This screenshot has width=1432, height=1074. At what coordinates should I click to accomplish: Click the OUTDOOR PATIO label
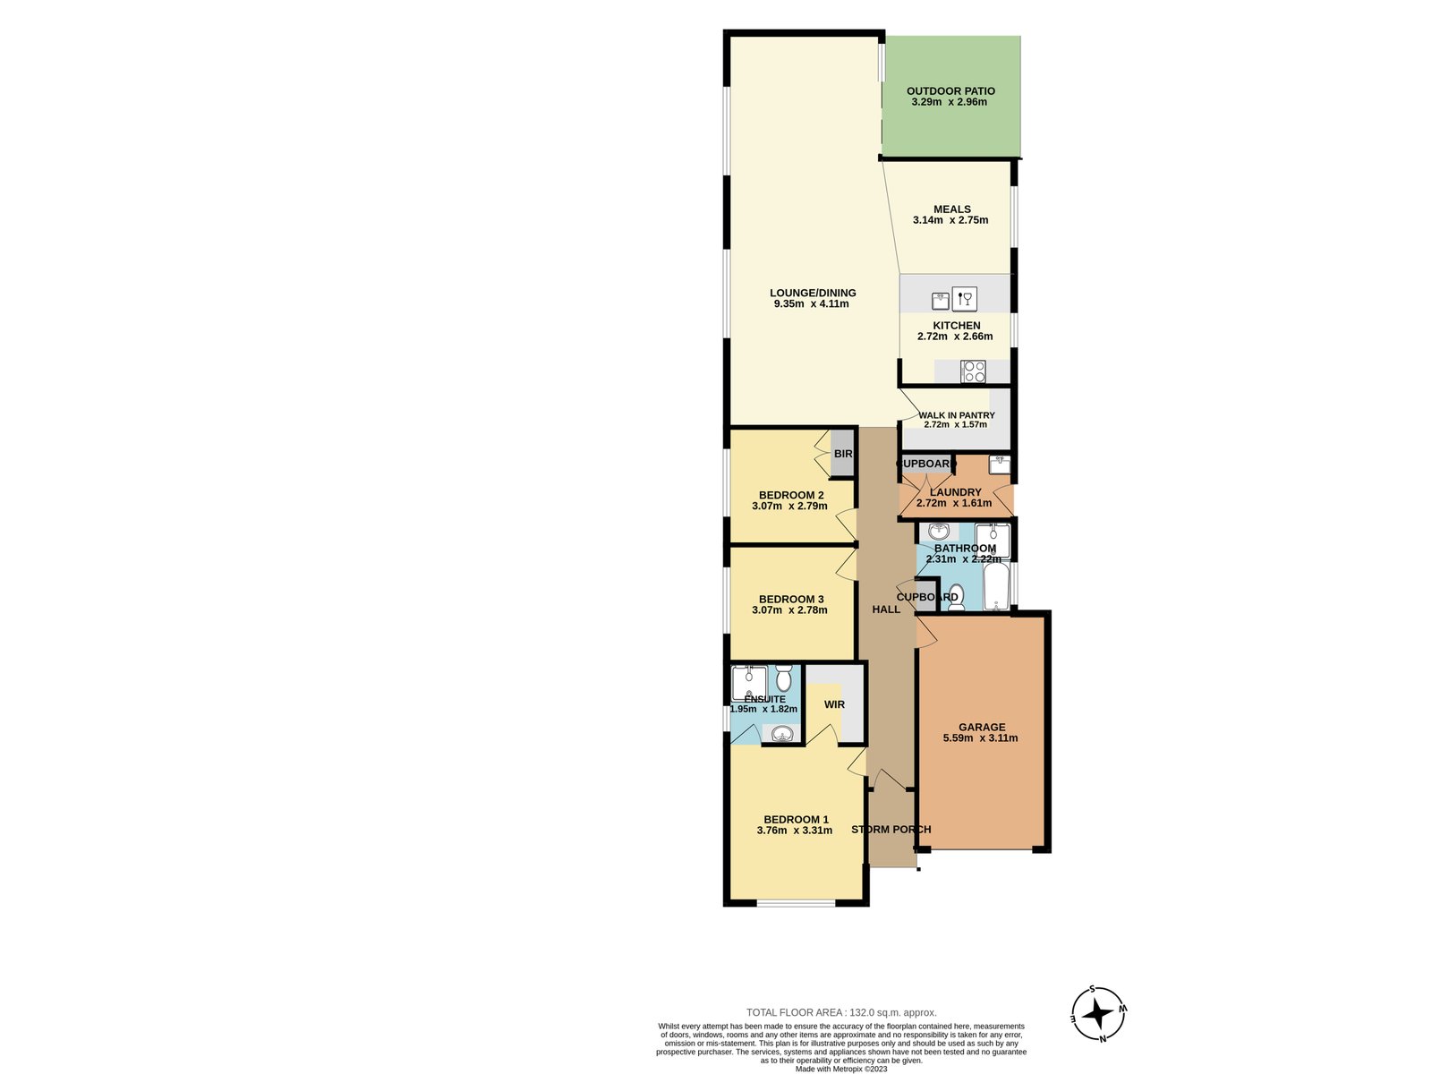tap(950, 90)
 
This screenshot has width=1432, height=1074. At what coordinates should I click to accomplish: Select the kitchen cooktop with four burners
tap(973, 371)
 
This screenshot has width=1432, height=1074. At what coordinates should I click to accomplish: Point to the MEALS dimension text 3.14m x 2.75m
tap(950, 220)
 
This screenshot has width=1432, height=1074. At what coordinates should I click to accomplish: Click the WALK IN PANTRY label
tap(956, 415)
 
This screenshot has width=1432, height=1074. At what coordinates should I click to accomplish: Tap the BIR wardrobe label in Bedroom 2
tap(843, 454)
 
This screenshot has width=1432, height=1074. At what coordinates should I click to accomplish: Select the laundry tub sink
tap(1000, 465)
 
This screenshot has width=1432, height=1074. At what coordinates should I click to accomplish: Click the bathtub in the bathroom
tap(996, 587)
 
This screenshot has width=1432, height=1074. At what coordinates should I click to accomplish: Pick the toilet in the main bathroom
tap(956, 597)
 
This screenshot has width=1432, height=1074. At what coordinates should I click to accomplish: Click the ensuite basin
tap(783, 735)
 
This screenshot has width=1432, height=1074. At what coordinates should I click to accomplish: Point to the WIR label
tap(834, 704)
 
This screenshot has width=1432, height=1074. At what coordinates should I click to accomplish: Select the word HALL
tap(886, 609)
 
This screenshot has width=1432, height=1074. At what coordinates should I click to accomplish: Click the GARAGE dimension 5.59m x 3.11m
tap(980, 738)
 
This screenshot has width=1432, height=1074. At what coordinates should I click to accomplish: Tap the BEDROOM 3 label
tap(791, 600)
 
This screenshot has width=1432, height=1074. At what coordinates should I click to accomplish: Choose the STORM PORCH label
tap(891, 830)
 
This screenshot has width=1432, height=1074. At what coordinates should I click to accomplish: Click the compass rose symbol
tap(1098, 1014)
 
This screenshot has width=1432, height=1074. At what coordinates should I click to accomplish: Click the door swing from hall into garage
tap(926, 631)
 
